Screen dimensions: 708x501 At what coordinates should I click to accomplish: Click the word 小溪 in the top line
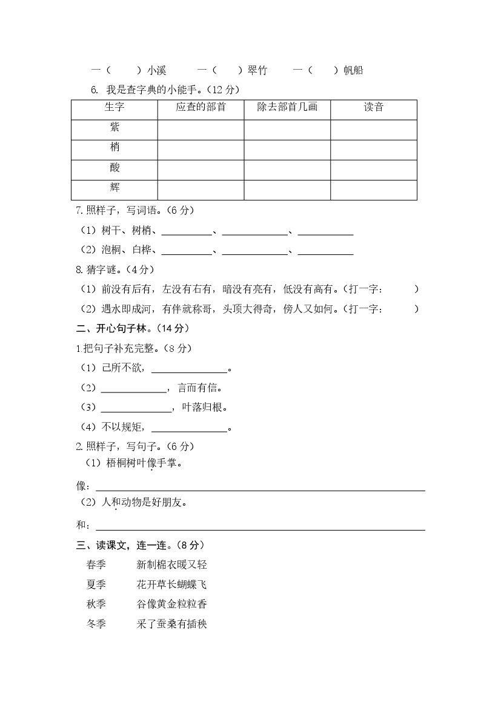click(x=156, y=70)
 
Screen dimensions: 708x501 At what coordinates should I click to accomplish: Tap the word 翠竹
click(x=257, y=70)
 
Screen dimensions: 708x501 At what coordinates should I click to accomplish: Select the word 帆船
click(x=353, y=70)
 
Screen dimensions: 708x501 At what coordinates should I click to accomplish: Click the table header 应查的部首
click(x=201, y=108)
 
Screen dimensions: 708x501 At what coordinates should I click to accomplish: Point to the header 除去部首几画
click(x=287, y=108)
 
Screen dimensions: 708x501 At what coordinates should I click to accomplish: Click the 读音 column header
click(x=373, y=108)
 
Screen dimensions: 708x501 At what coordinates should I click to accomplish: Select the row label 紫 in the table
click(x=114, y=127)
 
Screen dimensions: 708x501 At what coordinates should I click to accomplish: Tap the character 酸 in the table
click(x=114, y=168)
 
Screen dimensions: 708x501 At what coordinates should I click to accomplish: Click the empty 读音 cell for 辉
click(x=373, y=190)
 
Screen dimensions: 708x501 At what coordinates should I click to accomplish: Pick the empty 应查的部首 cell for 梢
click(x=201, y=149)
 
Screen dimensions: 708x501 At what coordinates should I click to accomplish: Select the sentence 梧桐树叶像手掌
click(x=141, y=463)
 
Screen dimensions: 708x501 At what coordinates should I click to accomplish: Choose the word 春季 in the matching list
click(x=96, y=565)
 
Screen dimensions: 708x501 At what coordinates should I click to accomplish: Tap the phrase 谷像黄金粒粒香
click(x=172, y=604)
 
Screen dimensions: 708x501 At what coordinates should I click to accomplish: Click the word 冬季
click(x=96, y=624)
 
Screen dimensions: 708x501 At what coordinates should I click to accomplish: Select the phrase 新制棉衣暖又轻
click(x=172, y=565)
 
